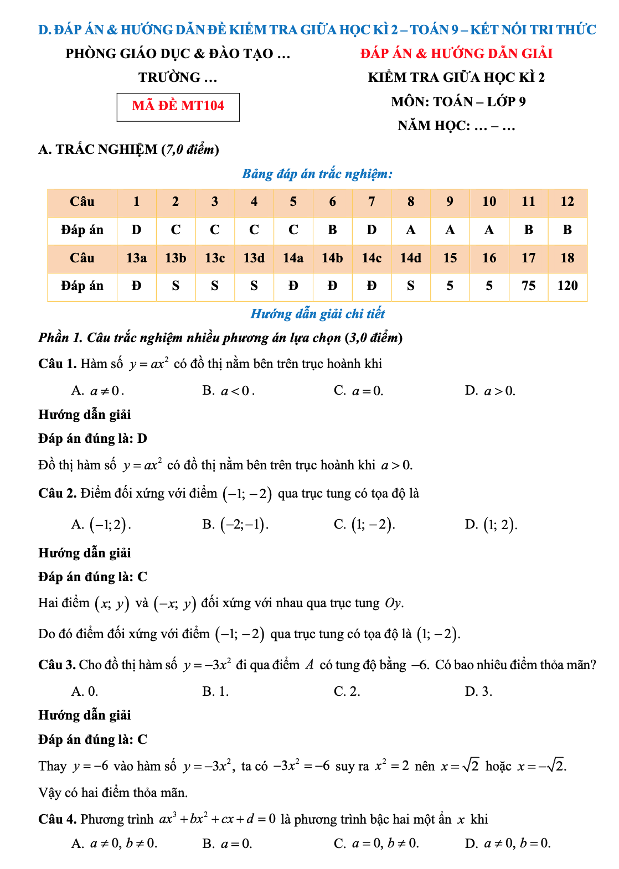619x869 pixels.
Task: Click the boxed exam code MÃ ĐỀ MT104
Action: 178,106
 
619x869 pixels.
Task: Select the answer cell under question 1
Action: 136,230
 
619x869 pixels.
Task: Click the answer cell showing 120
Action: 567,286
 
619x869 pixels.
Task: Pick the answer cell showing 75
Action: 528,286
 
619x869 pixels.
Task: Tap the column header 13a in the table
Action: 136,258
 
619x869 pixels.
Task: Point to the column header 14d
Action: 410,258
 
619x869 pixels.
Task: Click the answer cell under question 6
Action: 332,230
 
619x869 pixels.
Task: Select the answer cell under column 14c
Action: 372,286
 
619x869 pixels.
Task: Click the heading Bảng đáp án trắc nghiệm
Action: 317,174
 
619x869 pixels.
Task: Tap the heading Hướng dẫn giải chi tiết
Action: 317,314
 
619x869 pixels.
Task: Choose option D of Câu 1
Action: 490,391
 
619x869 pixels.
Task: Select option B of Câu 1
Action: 228,391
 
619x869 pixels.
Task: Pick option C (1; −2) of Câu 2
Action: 364,525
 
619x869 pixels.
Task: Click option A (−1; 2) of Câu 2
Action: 101,525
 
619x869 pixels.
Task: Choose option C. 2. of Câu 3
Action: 347,692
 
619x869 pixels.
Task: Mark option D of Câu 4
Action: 508,844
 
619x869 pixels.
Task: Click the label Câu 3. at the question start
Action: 56,665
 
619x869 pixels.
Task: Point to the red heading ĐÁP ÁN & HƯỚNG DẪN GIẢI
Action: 456,54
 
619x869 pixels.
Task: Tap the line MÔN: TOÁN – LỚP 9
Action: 458,102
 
